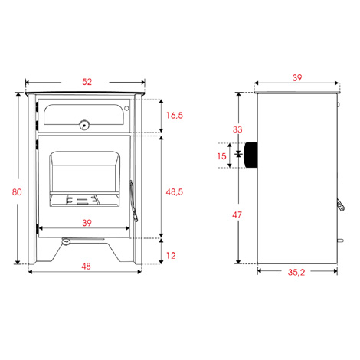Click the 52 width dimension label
point(87,82)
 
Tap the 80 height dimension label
point(17,192)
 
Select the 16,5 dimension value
point(175,116)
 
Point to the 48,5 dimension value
point(175,192)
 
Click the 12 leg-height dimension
point(171,256)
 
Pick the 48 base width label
point(86,267)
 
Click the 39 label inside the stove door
point(87,223)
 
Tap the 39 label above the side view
point(297,78)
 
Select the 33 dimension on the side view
point(237,129)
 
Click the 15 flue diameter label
point(221,156)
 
